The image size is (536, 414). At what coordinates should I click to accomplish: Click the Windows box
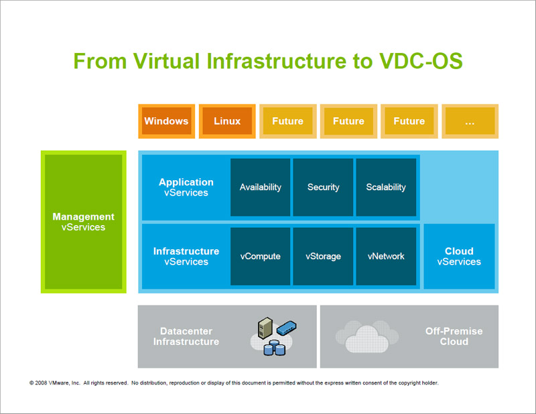click(x=166, y=121)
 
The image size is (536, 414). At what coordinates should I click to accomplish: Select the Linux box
click(x=227, y=121)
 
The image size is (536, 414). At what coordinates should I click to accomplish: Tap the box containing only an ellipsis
click(x=470, y=121)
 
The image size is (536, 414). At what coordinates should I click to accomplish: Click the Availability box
click(x=260, y=187)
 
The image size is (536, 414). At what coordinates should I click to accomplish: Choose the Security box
click(x=323, y=187)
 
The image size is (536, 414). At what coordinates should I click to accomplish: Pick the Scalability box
click(x=386, y=187)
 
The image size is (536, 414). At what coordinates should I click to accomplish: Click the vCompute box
click(x=260, y=257)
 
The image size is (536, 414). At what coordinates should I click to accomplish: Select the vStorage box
click(x=323, y=257)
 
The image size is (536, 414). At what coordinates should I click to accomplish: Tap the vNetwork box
click(x=386, y=257)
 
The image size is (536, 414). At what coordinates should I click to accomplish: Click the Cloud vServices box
click(x=459, y=257)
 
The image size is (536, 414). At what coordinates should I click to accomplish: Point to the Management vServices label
click(x=83, y=222)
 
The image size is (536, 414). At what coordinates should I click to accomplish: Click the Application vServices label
click(x=186, y=187)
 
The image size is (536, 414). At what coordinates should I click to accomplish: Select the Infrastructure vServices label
click(x=186, y=257)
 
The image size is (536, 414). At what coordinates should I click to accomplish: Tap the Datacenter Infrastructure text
click(x=186, y=336)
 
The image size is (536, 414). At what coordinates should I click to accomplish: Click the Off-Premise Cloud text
click(x=454, y=336)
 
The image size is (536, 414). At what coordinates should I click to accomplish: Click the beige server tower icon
click(x=265, y=328)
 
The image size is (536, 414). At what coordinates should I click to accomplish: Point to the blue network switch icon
click(x=287, y=328)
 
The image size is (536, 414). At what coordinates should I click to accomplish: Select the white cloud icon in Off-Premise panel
click(x=367, y=338)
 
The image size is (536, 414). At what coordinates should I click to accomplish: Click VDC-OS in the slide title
click(x=421, y=61)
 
